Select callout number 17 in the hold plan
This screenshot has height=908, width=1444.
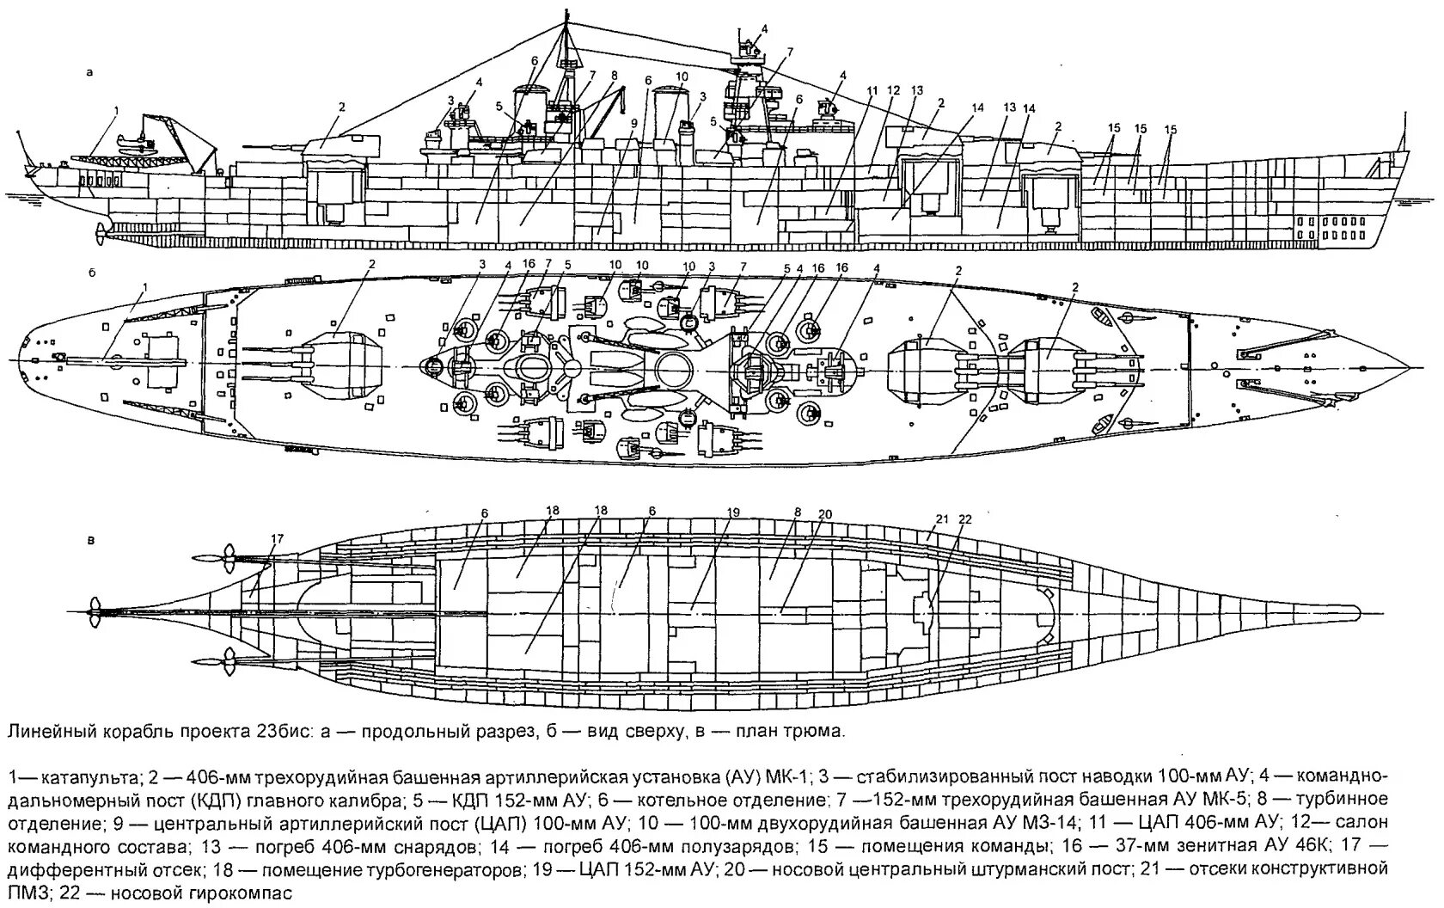[x=277, y=539]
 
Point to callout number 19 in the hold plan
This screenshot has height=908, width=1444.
[x=732, y=513]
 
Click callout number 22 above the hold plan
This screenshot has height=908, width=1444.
[x=964, y=518]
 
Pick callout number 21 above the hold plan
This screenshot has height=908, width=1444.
[x=941, y=518]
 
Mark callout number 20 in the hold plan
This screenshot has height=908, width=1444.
[x=825, y=514]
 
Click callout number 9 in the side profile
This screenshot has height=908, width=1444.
[x=633, y=123]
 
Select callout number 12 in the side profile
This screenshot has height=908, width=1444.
[x=894, y=90]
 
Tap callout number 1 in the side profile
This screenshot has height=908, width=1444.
[x=118, y=111]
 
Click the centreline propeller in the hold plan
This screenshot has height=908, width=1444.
[x=96, y=611]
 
